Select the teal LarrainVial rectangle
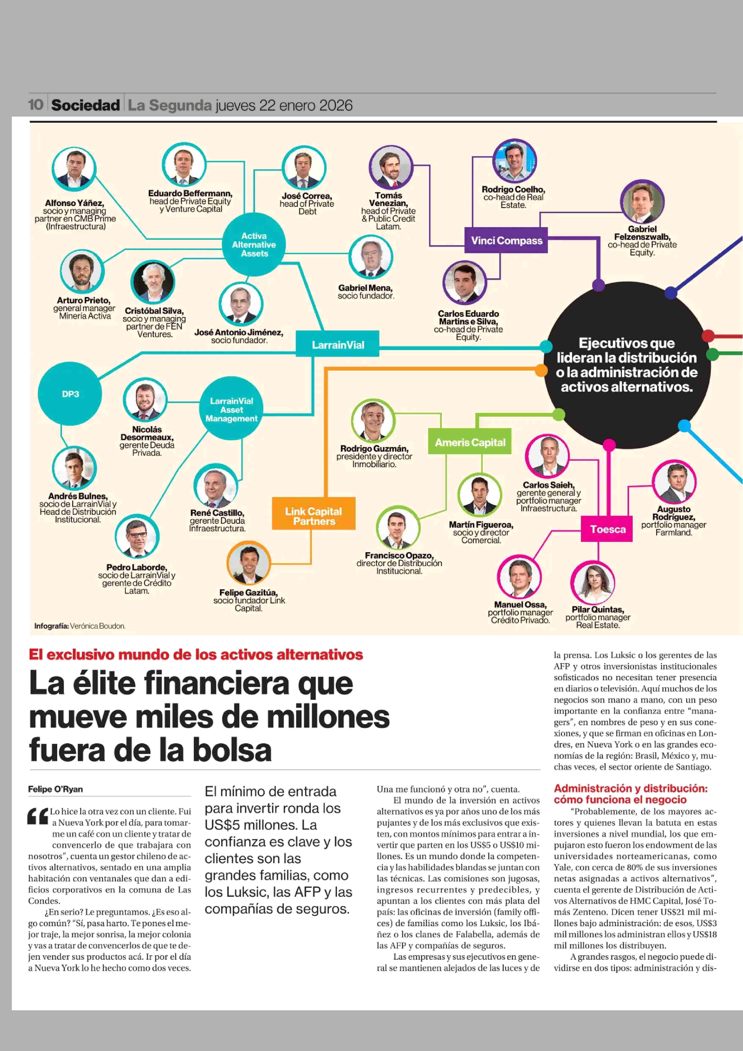[x=338, y=344]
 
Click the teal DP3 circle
[x=70, y=394]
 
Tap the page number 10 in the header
[x=36, y=105]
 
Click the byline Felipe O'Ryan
[x=55, y=789]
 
